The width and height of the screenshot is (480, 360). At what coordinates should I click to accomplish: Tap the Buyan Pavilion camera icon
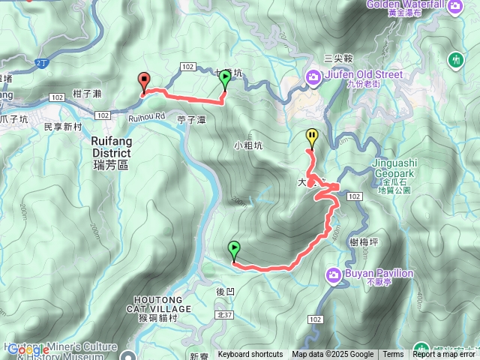point(334,275)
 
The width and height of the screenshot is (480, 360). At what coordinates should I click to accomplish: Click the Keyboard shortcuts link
point(250,355)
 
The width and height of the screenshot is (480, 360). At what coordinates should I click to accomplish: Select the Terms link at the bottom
point(393,355)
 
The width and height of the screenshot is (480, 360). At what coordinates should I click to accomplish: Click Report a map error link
point(444,355)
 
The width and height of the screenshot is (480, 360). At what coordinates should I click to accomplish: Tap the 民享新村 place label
point(63,127)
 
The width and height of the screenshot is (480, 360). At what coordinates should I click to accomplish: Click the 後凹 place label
point(225,291)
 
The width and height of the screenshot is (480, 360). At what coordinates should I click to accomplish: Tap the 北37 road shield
point(223,316)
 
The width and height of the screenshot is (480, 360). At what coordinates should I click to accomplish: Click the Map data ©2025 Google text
point(332,355)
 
